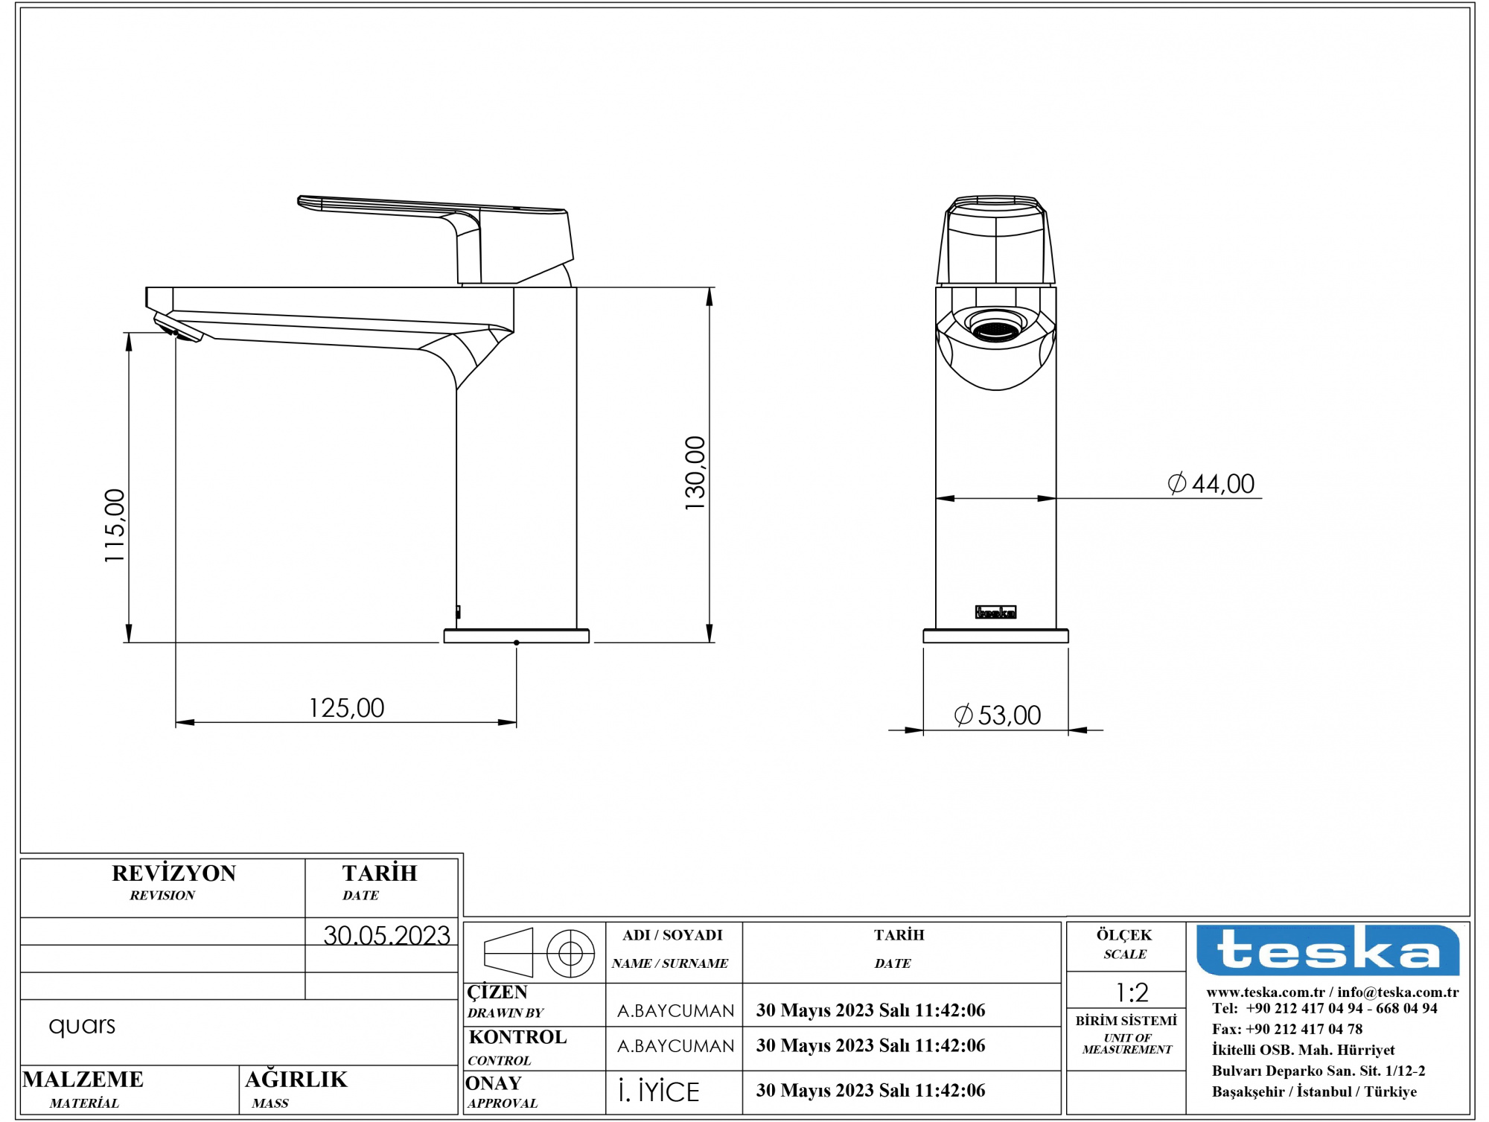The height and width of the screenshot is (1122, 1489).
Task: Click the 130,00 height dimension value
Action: coord(695,473)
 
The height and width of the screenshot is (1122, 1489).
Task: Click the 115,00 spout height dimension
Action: coord(115,526)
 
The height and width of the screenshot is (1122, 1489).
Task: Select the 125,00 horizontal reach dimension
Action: coord(347,707)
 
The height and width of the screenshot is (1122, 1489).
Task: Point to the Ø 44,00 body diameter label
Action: coord(1211,484)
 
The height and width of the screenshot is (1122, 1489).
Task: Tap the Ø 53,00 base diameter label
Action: coord(998,715)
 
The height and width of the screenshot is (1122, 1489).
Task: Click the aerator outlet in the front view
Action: coord(995,328)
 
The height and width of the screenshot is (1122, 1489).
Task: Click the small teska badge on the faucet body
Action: coord(995,612)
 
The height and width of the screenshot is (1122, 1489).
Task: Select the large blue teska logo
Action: coord(1328,950)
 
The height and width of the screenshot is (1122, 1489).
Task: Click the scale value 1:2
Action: coord(1132,992)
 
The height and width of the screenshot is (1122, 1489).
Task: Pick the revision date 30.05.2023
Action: coord(386,935)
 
